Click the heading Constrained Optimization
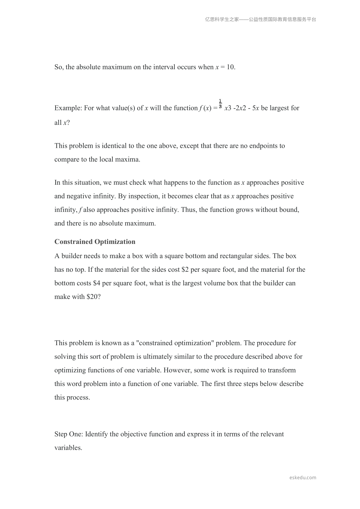click(x=95, y=242)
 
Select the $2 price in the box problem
click(x=185, y=270)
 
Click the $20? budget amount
click(x=93, y=297)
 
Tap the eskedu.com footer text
click(x=303, y=478)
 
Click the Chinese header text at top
click(x=261, y=20)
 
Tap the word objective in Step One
click(x=133, y=434)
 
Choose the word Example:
click(x=68, y=108)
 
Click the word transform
click(x=282, y=370)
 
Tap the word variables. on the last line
click(x=68, y=448)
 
